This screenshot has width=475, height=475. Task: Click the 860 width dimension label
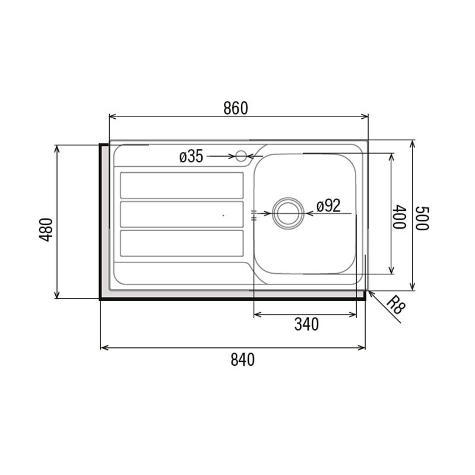click(235, 108)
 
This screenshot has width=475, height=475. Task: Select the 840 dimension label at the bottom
click(242, 360)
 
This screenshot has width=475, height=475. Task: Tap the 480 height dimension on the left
click(47, 229)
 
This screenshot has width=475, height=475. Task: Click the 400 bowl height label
click(400, 217)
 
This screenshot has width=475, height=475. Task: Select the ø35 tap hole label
click(191, 157)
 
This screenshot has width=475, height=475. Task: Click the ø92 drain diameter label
click(328, 206)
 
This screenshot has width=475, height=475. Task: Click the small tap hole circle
click(241, 156)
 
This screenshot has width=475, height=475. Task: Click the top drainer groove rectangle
click(182, 185)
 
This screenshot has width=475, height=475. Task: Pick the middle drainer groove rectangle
click(182, 214)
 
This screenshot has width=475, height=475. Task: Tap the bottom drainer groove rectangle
click(182, 243)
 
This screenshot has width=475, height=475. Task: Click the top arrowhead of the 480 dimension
click(56, 147)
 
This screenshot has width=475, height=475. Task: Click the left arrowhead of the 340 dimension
click(256, 314)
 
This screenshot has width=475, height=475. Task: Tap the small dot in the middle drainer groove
click(223, 216)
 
